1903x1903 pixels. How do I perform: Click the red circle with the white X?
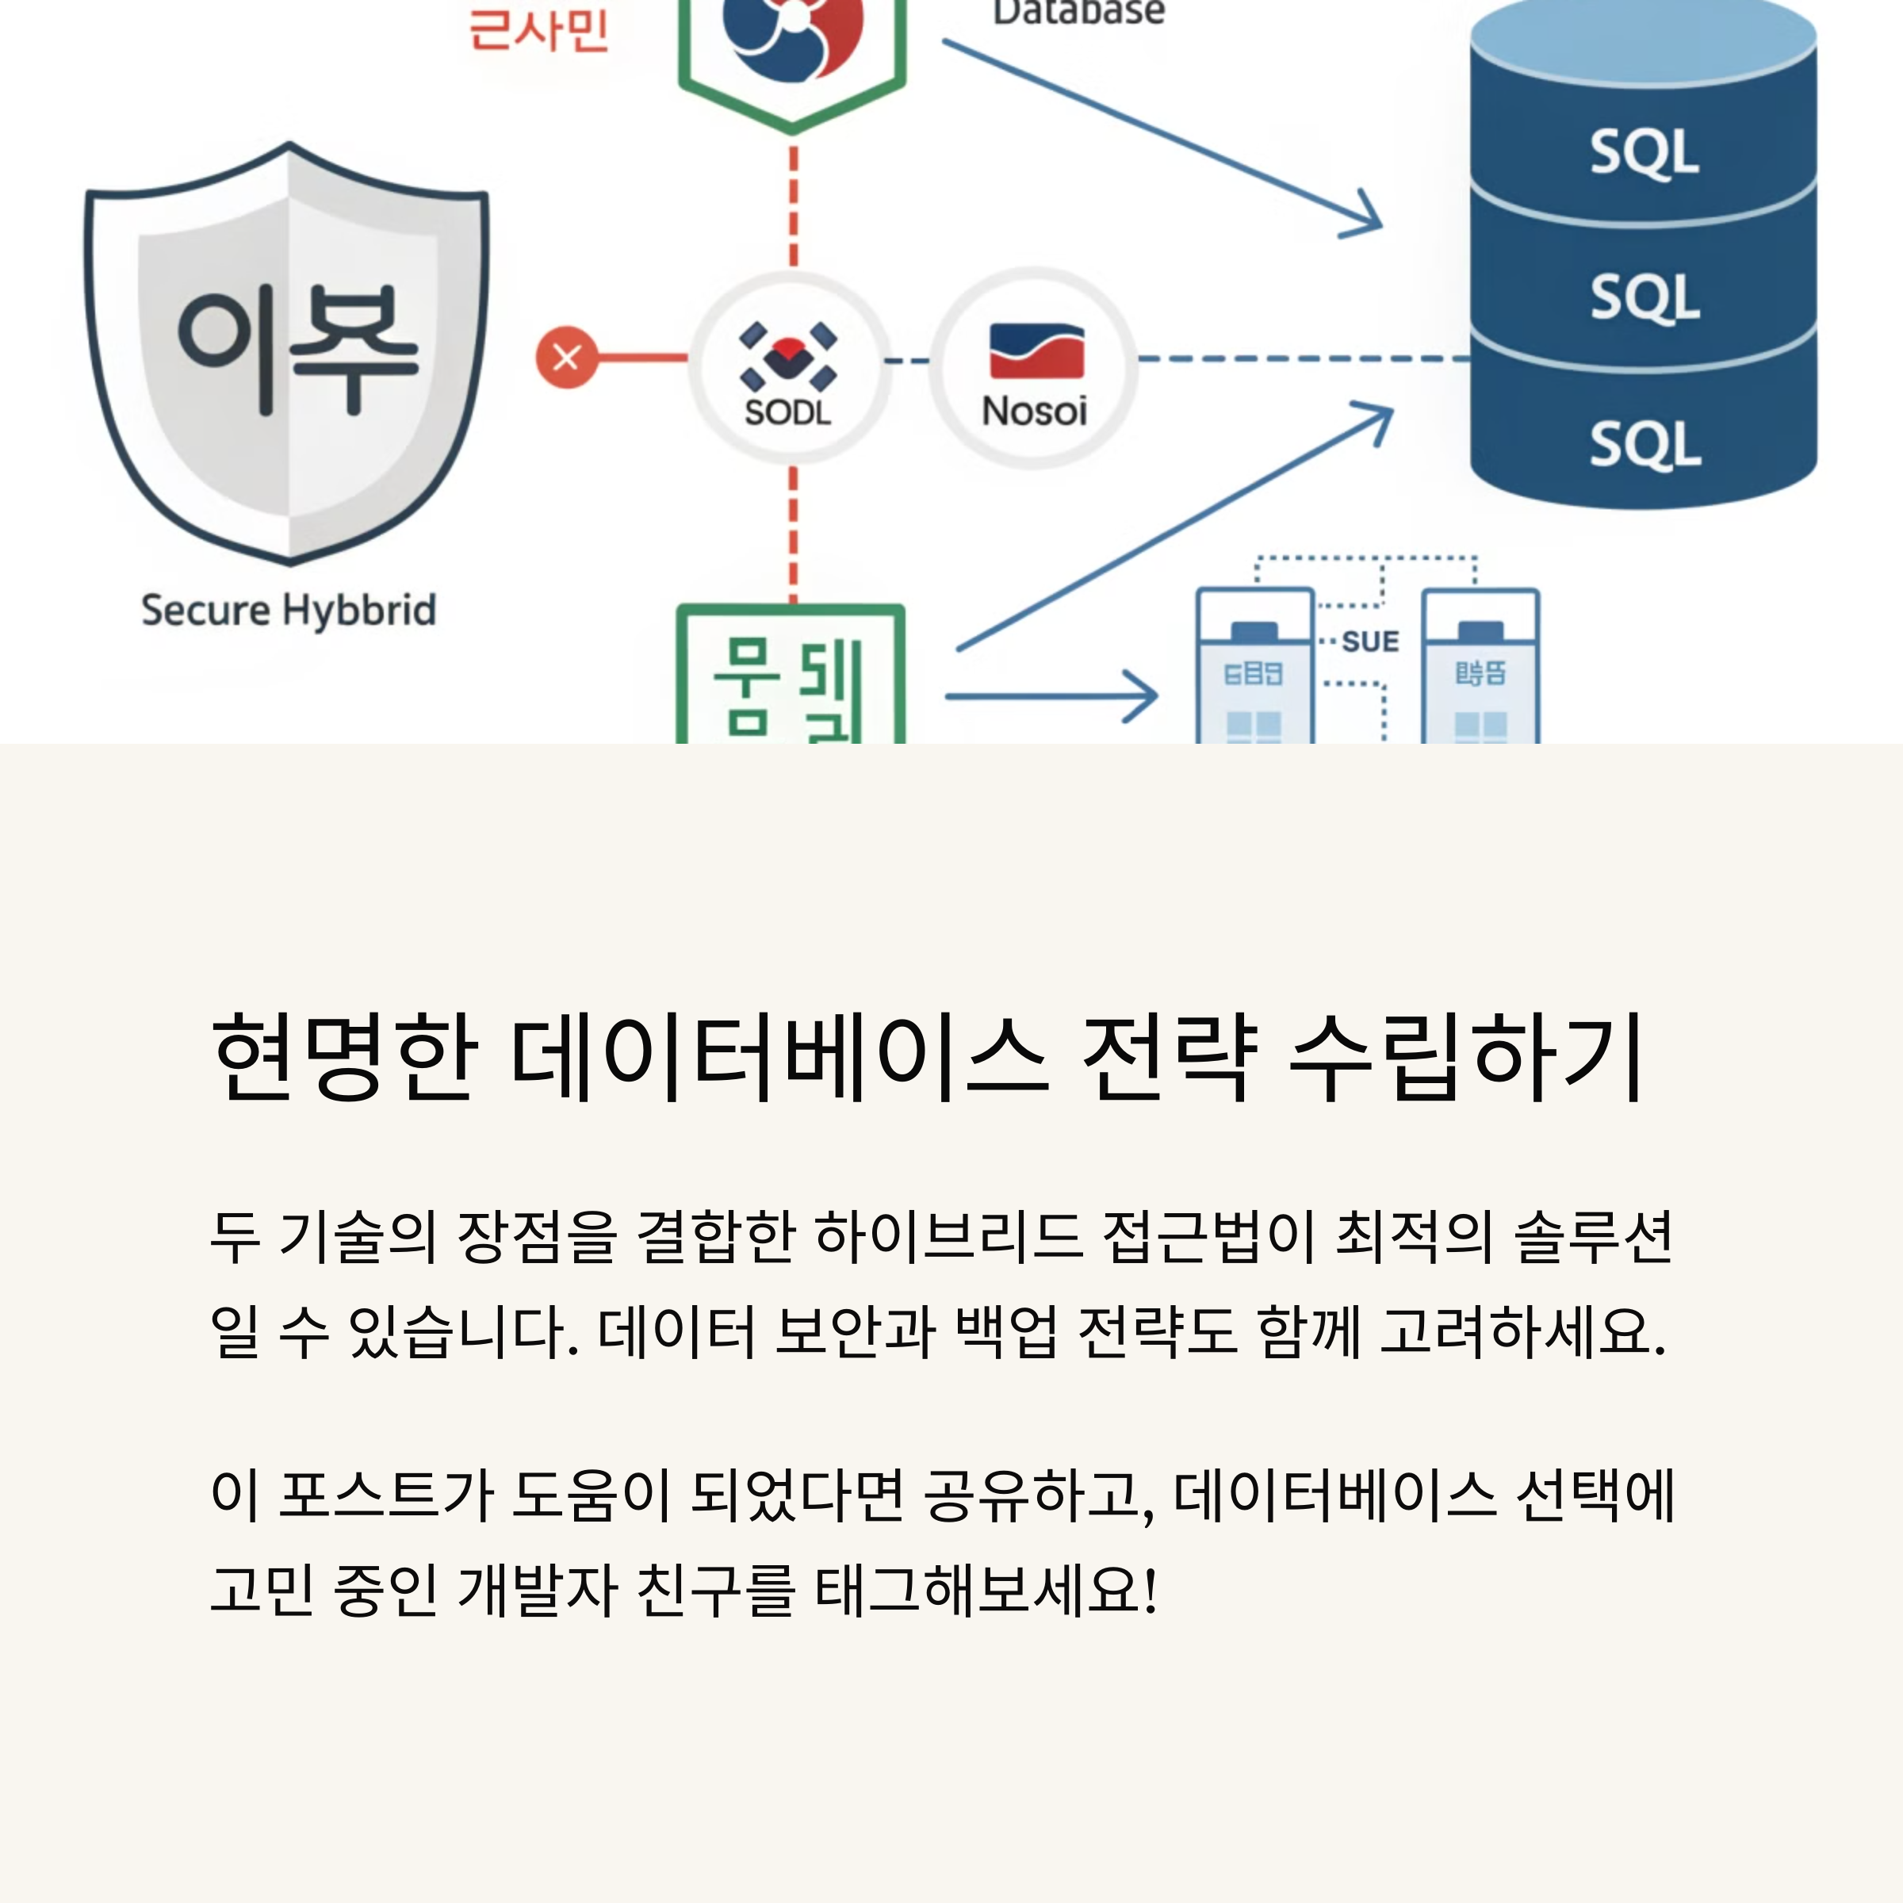pos(566,357)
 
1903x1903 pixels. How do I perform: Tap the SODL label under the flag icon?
pos(787,412)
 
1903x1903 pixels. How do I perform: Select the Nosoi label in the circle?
pos(1034,411)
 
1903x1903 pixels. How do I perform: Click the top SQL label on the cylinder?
pos(1644,153)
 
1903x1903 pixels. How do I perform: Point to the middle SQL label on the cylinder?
pos(1644,297)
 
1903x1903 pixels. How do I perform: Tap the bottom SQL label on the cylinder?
pos(1644,444)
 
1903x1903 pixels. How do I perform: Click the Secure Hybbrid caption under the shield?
pos(289,610)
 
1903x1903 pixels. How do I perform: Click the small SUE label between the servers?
pos(1369,642)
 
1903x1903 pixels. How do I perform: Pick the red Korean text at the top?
pos(538,29)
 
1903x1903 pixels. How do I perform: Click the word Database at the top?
pos(1078,13)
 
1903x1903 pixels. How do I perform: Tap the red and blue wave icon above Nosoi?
pos(1036,351)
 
